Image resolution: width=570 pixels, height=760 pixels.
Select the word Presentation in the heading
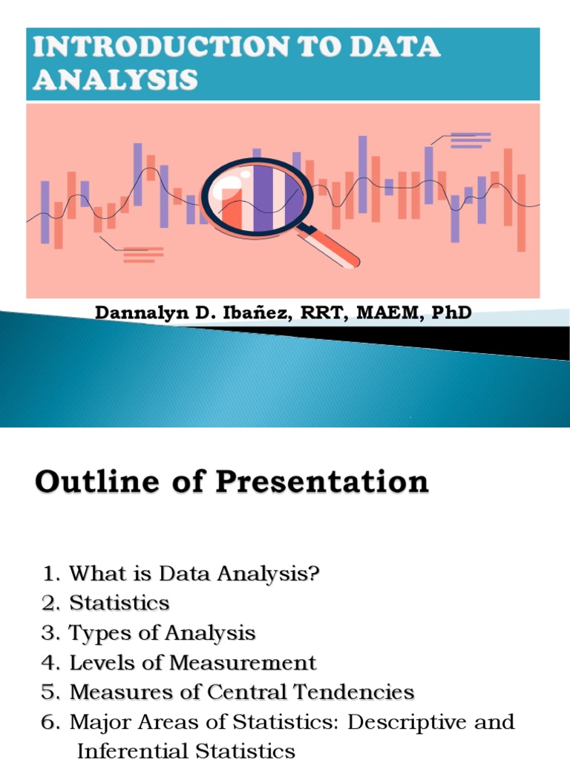click(322, 482)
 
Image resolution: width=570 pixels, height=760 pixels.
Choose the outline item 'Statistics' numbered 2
click(119, 603)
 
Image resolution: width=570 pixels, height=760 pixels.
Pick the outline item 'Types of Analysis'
click(162, 633)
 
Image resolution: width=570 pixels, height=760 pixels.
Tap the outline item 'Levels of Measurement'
click(193, 663)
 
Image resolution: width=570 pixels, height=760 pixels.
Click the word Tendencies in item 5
click(354, 692)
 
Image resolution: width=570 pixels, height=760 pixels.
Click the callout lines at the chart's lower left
click(142, 255)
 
